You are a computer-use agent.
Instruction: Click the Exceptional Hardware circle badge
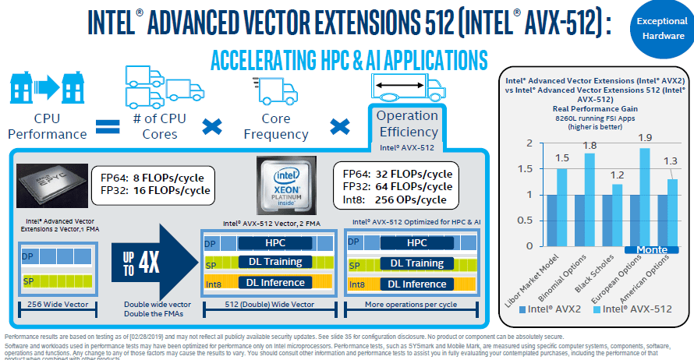[x=660, y=29]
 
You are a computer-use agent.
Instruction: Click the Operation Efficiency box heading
[x=407, y=124]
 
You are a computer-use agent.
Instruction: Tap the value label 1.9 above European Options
[x=645, y=137]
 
